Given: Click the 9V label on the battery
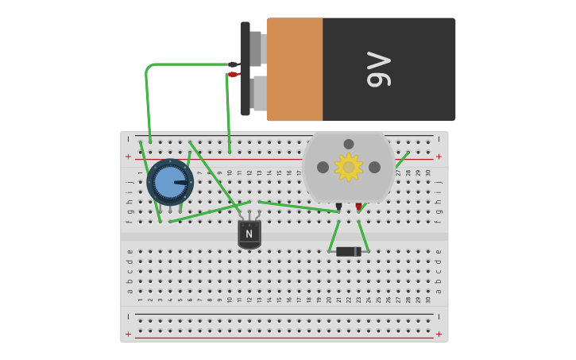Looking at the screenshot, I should pyautogui.click(x=379, y=69).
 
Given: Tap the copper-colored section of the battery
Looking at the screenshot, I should pyautogui.click(x=295, y=69).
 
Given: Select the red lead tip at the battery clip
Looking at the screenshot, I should pyautogui.click(x=233, y=75).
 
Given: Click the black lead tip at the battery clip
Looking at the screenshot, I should pyautogui.click(x=233, y=64).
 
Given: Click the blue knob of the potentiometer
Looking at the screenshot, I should pyautogui.click(x=169, y=182).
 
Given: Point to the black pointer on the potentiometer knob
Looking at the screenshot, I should pyautogui.click(x=182, y=183).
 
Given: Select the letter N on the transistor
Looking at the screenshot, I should pyautogui.click(x=249, y=234).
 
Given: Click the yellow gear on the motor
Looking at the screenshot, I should pyautogui.click(x=348, y=167).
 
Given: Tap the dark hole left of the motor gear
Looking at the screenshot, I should pyautogui.click(x=323, y=167).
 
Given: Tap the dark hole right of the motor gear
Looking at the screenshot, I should pyautogui.click(x=374, y=167).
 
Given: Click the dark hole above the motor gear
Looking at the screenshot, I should pyautogui.click(x=349, y=144).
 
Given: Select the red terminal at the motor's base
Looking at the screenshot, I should pyautogui.click(x=359, y=207).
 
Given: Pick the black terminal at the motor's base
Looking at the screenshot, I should pyautogui.click(x=338, y=207).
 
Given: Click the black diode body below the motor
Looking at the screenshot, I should pyautogui.click(x=346, y=252).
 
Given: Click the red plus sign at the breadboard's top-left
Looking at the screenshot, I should pyautogui.click(x=128, y=157).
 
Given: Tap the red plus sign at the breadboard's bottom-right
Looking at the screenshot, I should pyautogui.click(x=439, y=335).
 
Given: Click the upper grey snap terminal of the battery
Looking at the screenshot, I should pyautogui.click(x=256, y=48).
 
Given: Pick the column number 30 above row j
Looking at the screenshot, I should pyautogui.click(x=428, y=172).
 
